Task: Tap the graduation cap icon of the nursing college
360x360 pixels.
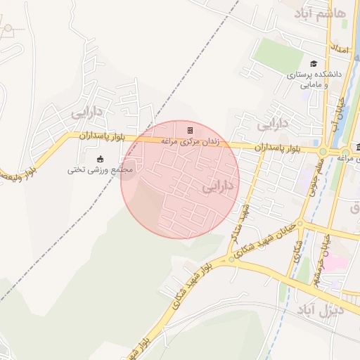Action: tap(313, 63)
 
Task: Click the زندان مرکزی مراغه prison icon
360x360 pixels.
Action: tap(190, 130)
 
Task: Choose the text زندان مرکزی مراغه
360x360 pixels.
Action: tap(190, 141)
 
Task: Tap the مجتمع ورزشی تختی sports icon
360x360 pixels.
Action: tap(99, 157)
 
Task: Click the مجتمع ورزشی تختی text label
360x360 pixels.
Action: tap(100, 169)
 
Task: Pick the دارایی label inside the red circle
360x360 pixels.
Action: tap(220, 186)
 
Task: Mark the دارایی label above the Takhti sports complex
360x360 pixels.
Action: tap(86, 111)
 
